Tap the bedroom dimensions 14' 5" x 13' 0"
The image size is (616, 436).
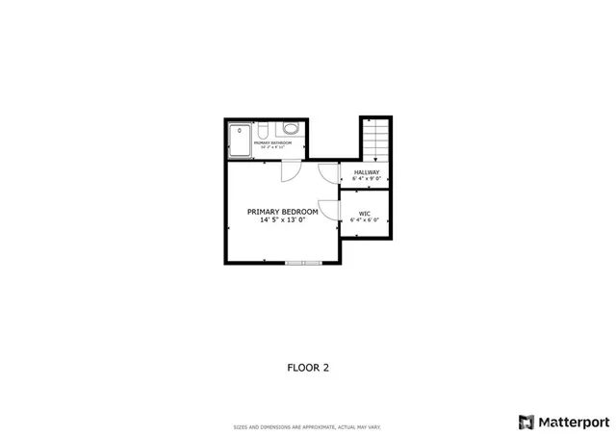pos(282,219)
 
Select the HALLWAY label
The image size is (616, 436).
pos(367,172)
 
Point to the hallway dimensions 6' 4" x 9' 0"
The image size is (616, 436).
pos(367,179)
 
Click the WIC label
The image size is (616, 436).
pos(365,213)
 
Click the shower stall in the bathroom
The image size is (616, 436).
pos(239,140)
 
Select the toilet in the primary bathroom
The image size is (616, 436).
pos(290,129)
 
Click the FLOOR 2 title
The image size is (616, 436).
pos(308,367)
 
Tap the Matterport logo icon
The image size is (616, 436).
pos(526,422)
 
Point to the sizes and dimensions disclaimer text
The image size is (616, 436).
pos(308,427)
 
